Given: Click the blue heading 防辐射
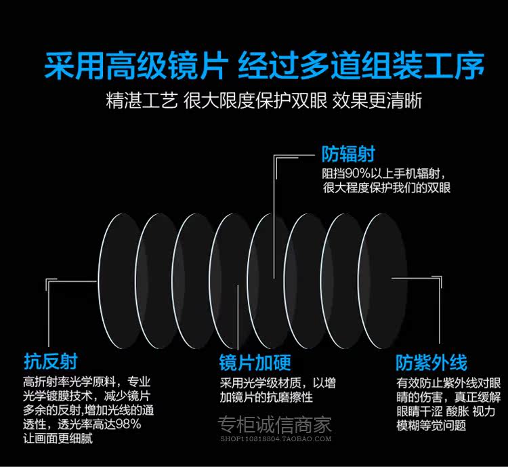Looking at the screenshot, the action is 348,155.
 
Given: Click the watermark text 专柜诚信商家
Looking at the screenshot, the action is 274,425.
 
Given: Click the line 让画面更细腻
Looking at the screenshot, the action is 58,439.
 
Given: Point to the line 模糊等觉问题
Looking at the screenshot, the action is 431,426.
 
